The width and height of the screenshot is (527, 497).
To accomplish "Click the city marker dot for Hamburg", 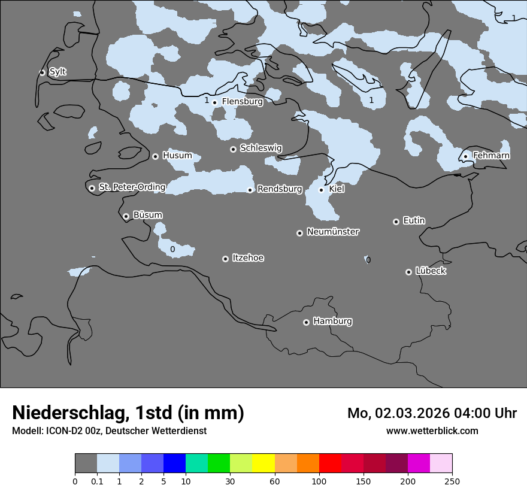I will coord(306,322).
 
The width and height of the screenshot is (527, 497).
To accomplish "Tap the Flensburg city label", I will coord(242,102).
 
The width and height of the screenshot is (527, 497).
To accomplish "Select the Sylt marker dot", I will coord(42,72).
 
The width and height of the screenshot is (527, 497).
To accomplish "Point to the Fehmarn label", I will coord(491,156).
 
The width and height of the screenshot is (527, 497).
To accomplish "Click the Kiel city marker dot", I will coord(321,190).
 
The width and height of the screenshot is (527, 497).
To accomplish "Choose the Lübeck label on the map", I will coord(431,271).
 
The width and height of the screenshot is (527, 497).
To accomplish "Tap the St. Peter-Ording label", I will coord(132,187).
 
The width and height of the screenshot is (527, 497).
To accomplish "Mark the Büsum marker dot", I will coord(126,216).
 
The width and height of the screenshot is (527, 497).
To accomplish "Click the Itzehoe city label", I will coord(248,258).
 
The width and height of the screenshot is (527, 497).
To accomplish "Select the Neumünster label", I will coord(333,232).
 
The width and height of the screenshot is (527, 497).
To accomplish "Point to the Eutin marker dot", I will coord(396,222).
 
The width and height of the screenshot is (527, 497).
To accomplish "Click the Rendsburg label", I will coord(280,189).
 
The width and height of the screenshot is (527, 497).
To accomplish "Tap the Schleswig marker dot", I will coord(233,149).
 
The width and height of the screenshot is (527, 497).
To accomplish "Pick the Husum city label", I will coord(177,156).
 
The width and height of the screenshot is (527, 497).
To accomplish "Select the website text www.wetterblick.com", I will coord(432,431).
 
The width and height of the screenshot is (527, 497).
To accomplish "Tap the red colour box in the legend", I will coord(330,463).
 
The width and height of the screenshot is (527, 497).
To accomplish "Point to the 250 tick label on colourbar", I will coord(452,481).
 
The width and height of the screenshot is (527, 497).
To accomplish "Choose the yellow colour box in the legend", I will coord(263,463).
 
